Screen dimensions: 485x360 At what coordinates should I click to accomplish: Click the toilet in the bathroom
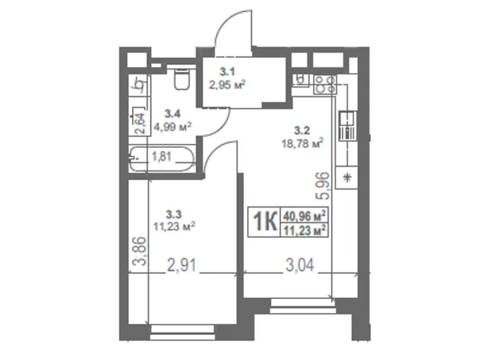pos(181,79)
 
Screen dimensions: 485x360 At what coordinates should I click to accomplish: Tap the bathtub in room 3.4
pos(162,159)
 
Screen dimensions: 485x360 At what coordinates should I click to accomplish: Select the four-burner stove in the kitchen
pos(325,85)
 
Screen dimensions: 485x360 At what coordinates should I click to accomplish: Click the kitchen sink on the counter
pos(348,126)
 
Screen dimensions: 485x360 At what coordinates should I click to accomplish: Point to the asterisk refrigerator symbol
pos(347,178)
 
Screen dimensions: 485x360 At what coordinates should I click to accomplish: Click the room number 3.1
pos(227,72)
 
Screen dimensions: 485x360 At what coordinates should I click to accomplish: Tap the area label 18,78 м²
pos(303,143)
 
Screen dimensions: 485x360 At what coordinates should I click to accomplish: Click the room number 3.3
pos(174,214)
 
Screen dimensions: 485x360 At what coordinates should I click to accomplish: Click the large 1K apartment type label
pos(264,221)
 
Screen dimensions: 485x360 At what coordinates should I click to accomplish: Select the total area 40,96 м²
pos(304,215)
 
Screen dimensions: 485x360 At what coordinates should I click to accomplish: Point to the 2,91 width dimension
pos(181,266)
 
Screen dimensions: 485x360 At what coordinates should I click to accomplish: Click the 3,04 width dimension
pos(300,265)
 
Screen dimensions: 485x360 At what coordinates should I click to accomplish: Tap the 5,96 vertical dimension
pos(324,185)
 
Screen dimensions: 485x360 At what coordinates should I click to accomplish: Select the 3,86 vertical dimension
pos(139,251)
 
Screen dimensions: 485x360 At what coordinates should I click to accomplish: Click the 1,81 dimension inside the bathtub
pos(161,157)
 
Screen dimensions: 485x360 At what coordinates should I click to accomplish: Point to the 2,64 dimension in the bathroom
pos(141,123)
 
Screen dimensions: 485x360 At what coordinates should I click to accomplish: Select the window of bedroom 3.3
pos(182,333)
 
